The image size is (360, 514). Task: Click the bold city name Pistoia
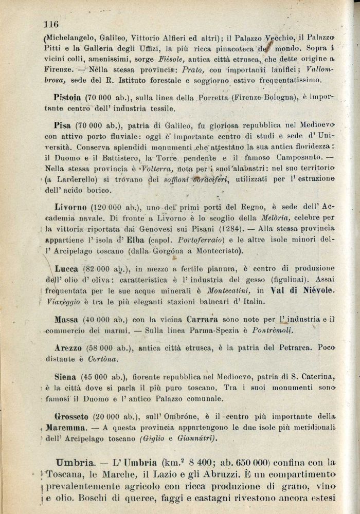click(x=68, y=97)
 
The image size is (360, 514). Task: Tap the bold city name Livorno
click(x=71, y=207)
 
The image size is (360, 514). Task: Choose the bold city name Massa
click(x=66, y=319)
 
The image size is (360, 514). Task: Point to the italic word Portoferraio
click(x=200, y=239)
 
